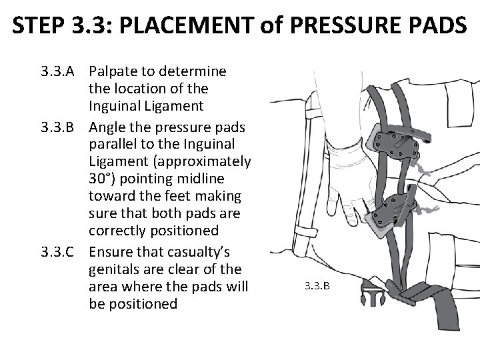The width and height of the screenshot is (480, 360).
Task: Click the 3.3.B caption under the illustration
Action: pos(317,286)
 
